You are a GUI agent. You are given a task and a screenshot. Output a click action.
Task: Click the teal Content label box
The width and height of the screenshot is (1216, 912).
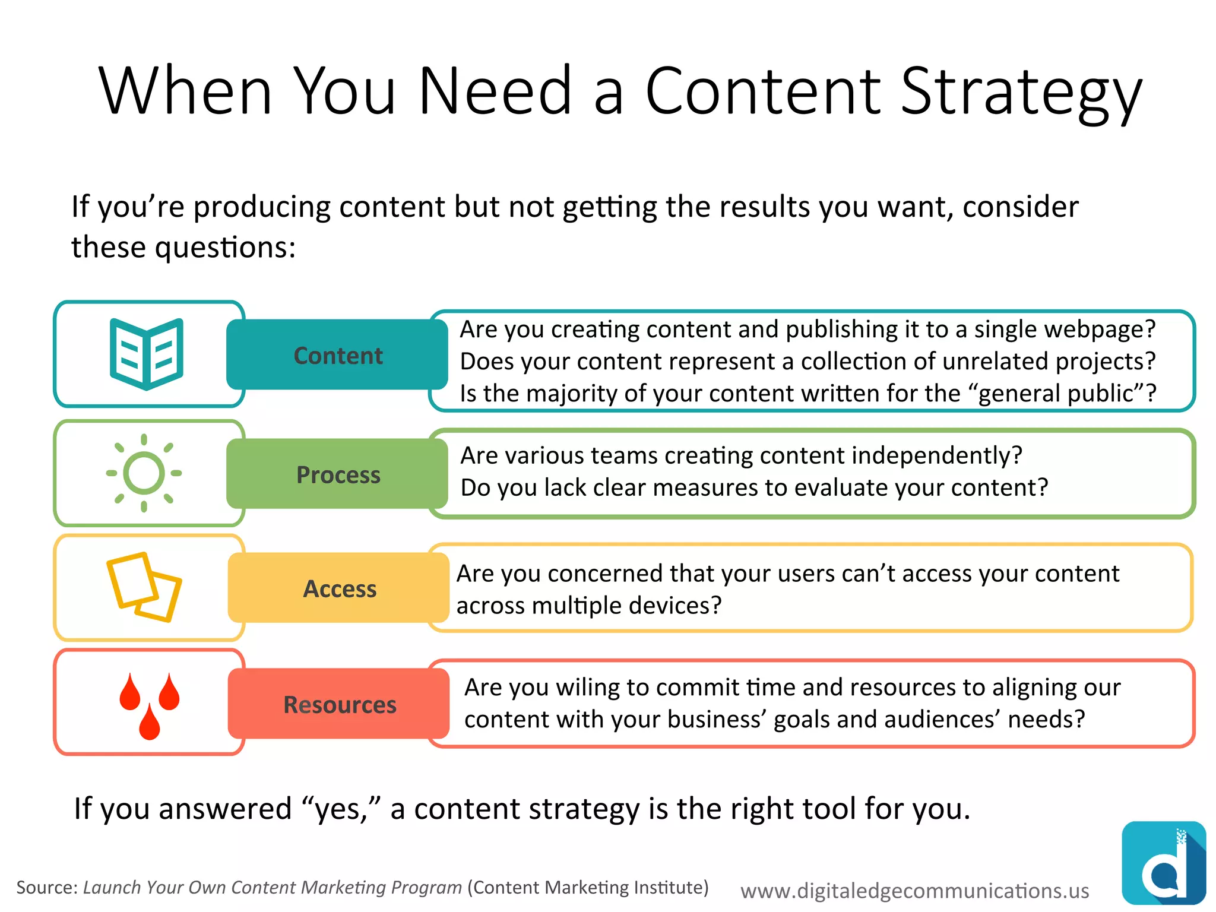[x=337, y=355]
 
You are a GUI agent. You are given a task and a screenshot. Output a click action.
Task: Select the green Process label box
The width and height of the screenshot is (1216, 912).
[x=337, y=474]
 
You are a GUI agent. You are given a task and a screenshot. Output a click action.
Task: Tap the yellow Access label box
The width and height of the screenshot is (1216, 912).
[x=338, y=588]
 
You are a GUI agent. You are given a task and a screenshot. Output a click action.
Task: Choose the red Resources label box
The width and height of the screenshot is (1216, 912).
[x=338, y=704]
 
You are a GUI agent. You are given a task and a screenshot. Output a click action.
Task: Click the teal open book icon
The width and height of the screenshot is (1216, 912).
[x=146, y=354]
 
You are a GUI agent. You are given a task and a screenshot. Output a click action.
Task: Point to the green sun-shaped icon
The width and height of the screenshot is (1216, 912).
[x=144, y=473]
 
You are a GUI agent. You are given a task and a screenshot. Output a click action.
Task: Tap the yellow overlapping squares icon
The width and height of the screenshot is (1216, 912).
[x=144, y=587]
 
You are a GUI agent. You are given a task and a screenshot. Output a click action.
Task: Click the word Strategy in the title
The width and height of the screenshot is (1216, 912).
[x=1021, y=92]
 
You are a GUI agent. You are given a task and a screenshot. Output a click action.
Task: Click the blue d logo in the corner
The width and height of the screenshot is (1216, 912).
[x=1163, y=863]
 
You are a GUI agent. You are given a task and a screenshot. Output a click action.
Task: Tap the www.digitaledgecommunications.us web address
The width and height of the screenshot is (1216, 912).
[x=914, y=891]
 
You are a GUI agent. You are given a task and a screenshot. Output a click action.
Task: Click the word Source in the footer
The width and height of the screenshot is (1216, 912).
[x=46, y=888]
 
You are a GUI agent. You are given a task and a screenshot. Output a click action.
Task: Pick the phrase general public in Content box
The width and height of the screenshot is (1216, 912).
[x=1060, y=394]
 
